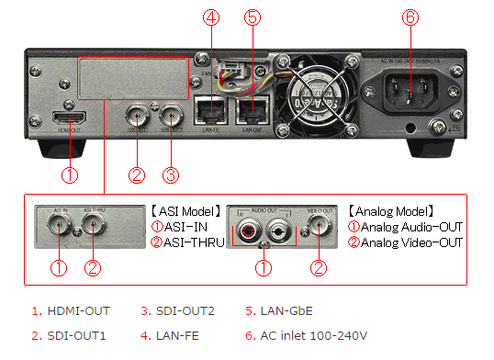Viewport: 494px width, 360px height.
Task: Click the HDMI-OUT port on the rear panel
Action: tap(69, 120)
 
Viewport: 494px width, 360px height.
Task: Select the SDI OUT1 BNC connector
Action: tap(138, 118)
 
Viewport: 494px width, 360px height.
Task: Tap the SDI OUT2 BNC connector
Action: tap(171, 118)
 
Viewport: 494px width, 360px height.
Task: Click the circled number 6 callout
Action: tap(410, 17)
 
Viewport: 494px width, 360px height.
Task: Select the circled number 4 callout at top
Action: tap(212, 17)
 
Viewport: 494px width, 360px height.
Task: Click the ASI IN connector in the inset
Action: tap(61, 230)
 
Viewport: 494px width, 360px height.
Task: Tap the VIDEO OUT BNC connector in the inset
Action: tap(319, 229)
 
